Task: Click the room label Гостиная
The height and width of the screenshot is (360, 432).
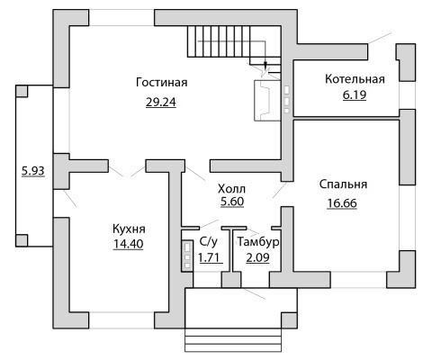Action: (162, 82)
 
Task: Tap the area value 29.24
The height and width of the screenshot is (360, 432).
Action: (161, 103)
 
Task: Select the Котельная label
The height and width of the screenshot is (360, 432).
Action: (355, 79)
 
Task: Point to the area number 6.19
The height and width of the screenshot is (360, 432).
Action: (355, 94)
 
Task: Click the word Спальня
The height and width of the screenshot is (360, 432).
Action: (343, 184)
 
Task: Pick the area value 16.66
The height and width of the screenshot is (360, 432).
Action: (342, 203)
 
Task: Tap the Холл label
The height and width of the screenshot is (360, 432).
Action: (231, 189)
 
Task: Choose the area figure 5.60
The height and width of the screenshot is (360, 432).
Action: (232, 202)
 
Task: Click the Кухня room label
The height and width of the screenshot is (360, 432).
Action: (129, 229)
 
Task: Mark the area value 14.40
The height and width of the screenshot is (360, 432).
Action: (129, 244)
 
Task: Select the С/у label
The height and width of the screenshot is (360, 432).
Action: (209, 242)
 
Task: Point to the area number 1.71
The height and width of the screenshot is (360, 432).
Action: (211, 257)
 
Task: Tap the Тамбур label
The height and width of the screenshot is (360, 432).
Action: (258, 242)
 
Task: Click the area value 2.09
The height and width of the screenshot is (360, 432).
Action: (257, 257)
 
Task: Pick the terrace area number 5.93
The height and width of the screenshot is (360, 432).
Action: (33, 171)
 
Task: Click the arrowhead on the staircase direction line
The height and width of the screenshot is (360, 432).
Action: (265, 65)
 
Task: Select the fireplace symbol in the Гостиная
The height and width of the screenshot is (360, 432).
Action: (267, 101)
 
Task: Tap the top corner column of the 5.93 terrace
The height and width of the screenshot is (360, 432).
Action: (22, 91)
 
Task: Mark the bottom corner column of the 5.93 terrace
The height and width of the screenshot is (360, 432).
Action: (22, 240)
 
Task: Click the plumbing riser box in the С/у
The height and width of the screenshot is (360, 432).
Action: (187, 256)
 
